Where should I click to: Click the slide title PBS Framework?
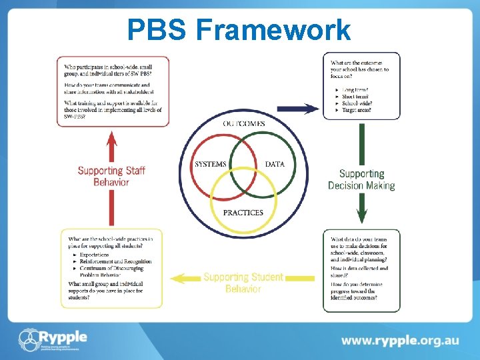pos(239,29)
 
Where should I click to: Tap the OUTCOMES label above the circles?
pos(243,123)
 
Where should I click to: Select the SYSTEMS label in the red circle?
pos(210,165)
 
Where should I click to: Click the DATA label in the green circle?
pos(275,164)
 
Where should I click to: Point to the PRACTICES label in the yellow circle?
pos(243,213)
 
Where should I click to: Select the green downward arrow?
pos(361,173)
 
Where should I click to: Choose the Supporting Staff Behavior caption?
pos(111,176)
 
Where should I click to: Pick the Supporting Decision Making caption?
pos(361,179)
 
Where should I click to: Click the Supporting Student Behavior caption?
pos(243,283)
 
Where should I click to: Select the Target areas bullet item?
pos(357,110)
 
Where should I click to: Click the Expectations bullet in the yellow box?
pos(94,255)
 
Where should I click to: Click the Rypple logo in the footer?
pos(53,339)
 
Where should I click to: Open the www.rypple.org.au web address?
pos(400,340)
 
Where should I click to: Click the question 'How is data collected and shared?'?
pos(359,271)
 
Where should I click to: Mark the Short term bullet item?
pos(357,97)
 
